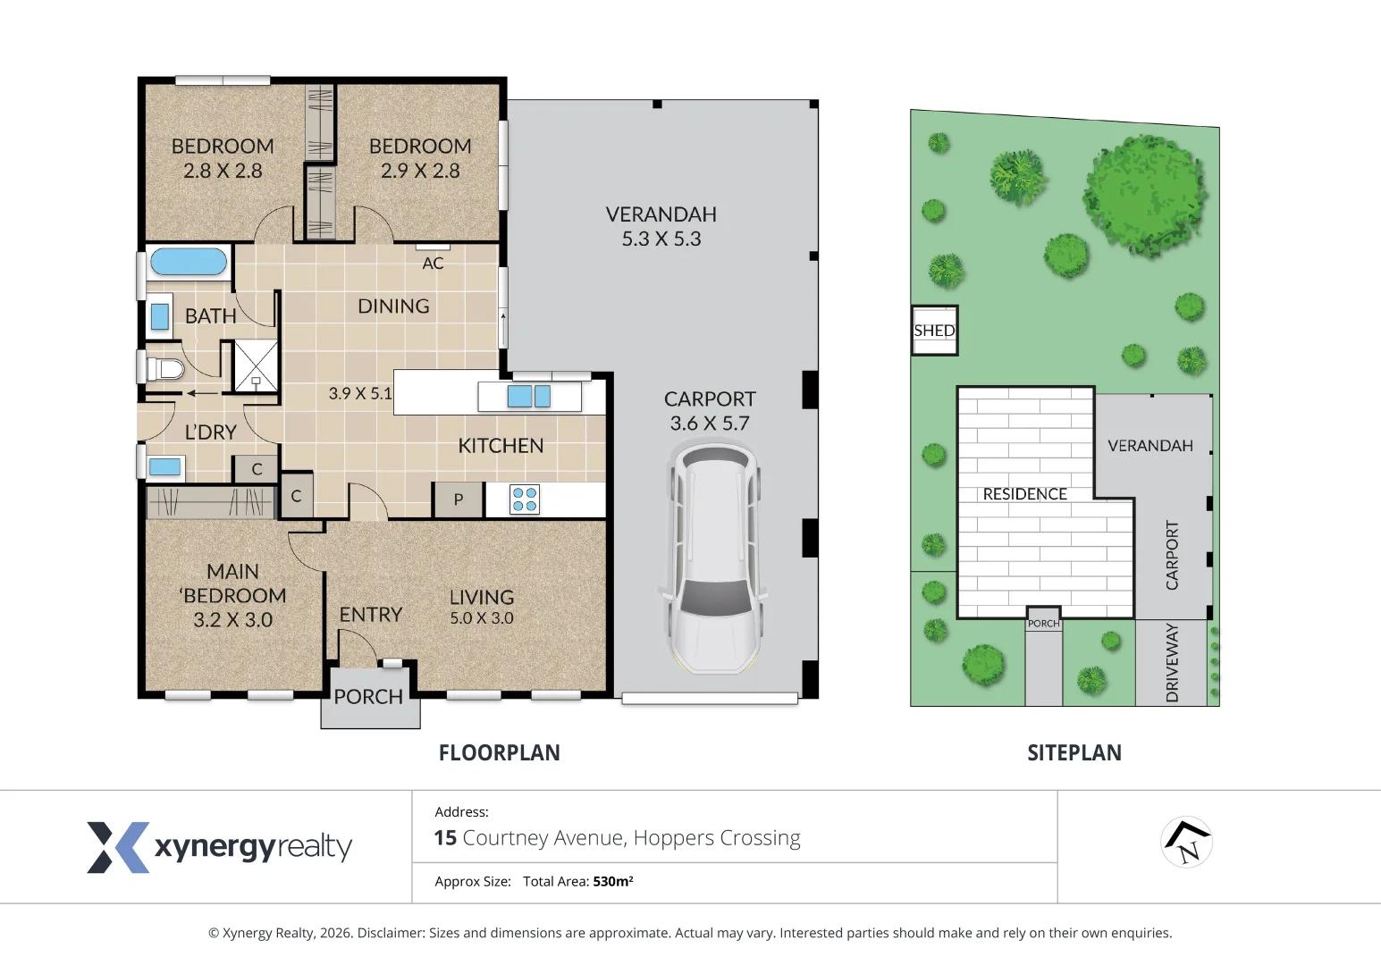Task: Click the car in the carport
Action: point(712,558)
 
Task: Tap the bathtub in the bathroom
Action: point(189,261)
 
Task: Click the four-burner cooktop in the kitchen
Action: point(524,499)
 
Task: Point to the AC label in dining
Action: point(433,263)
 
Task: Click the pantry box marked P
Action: point(459,499)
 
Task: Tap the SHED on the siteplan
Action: point(935,331)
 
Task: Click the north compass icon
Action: point(1187,843)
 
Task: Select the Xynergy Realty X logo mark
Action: point(118,847)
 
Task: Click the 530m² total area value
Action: point(613,881)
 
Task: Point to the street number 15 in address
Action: point(445,838)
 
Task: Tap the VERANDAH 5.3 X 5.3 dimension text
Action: point(661,239)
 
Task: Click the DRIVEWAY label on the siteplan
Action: point(1172,662)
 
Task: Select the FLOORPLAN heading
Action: point(500,752)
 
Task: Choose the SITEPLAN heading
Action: point(1074,752)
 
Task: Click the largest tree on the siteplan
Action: point(1145,196)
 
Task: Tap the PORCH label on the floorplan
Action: point(368,697)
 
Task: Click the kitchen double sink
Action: point(529,396)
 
